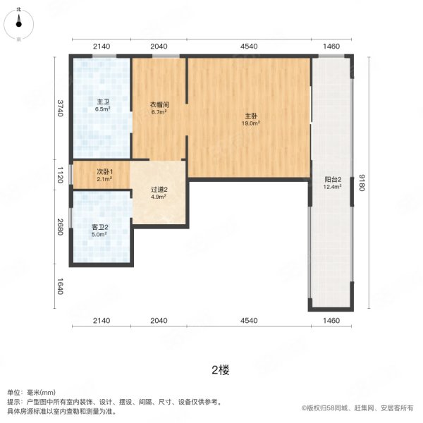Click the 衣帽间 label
pyautogui.click(x=159, y=104)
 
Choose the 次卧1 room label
pyautogui.click(x=104, y=171)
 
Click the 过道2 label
pyautogui.click(x=159, y=190)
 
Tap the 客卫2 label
pyautogui.click(x=99, y=227)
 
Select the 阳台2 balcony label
pyautogui.click(x=333, y=179)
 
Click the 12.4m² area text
pyautogui.click(x=333, y=187)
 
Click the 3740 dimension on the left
pyautogui.click(x=61, y=109)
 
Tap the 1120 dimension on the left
pyautogui.click(x=61, y=175)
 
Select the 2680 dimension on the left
pyautogui.click(x=61, y=226)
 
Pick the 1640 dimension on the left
pyautogui.click(x=61, y=286)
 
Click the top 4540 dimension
pyautogui.click(x=249, y=47)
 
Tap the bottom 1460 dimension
pyautogui.click(x=331, y=321)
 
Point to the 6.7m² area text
pyautogui.click(x=159, y=112)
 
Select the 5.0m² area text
pyautogui.click(x=99, y=235)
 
